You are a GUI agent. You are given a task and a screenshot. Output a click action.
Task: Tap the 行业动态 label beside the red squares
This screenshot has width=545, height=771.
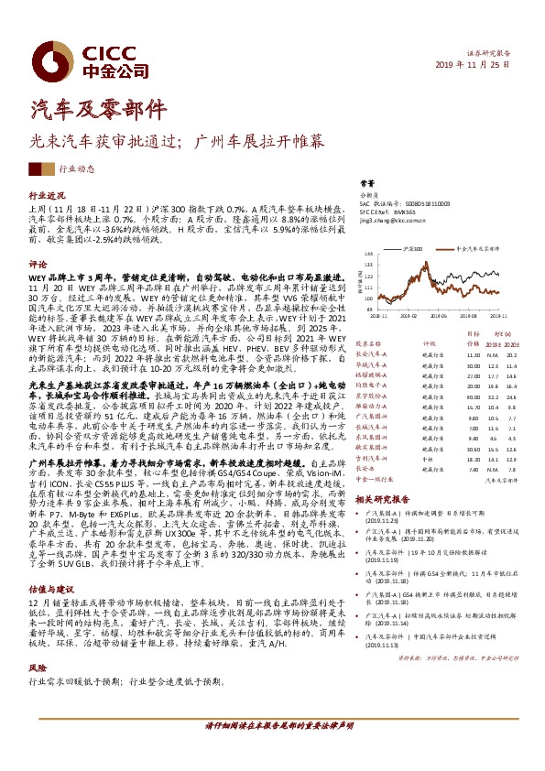click(77, 169)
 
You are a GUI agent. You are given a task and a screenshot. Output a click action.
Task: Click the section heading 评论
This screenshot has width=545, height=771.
click(37, 263)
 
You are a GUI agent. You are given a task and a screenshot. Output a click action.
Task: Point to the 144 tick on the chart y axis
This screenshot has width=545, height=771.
click(369, 252)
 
